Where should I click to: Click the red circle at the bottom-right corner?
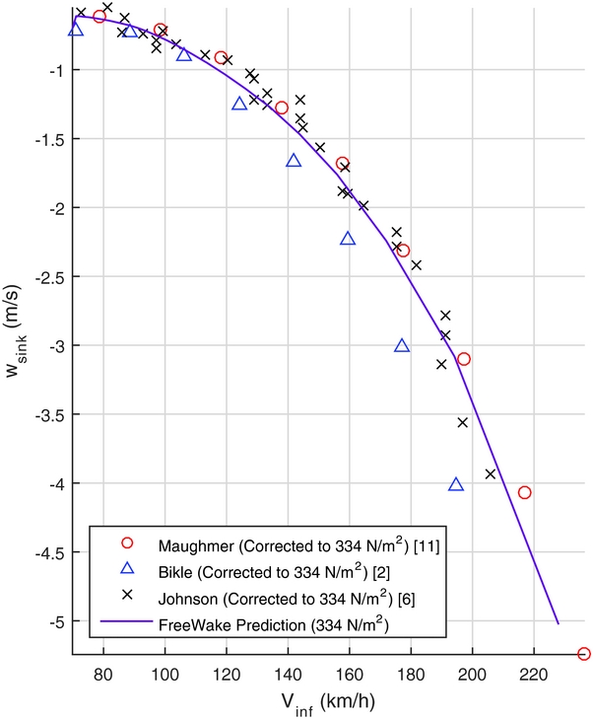pos(583,654)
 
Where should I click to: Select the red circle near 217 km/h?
pos(525,492)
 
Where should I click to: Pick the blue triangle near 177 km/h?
pos(402,345)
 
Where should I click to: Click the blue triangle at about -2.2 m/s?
pos(348,239)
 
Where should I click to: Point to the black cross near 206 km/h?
pos(491,474)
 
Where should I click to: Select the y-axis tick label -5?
pos(55,621)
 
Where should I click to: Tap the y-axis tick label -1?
pos(55,70)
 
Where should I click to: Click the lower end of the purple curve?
pos(558,622)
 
